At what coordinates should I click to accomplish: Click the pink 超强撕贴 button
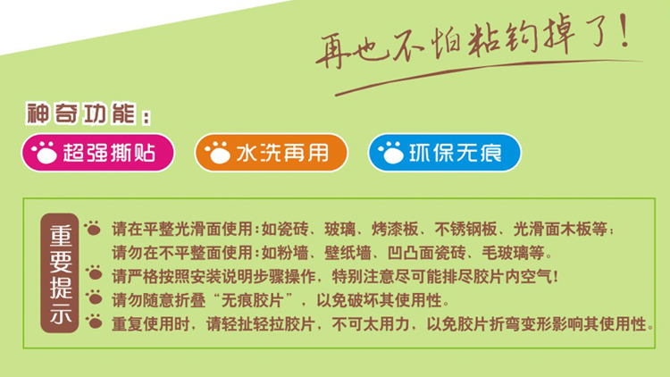98,153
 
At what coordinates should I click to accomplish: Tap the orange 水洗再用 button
272,153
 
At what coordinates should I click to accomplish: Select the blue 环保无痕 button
444,153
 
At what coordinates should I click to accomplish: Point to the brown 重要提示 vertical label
60,272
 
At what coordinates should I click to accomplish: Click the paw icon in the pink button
44,153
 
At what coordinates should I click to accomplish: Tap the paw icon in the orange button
217,153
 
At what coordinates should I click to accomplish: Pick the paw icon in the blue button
390,153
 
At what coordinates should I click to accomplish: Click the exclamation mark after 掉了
624,29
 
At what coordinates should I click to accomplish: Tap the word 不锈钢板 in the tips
465,229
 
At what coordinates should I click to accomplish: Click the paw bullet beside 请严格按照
94,272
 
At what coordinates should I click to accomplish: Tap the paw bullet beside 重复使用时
94,321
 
